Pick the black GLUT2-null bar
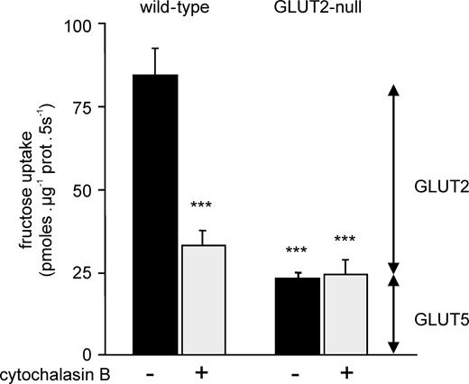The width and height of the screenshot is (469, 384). click(298, 315)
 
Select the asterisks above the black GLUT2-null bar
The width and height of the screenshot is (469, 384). click(297, 251)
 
